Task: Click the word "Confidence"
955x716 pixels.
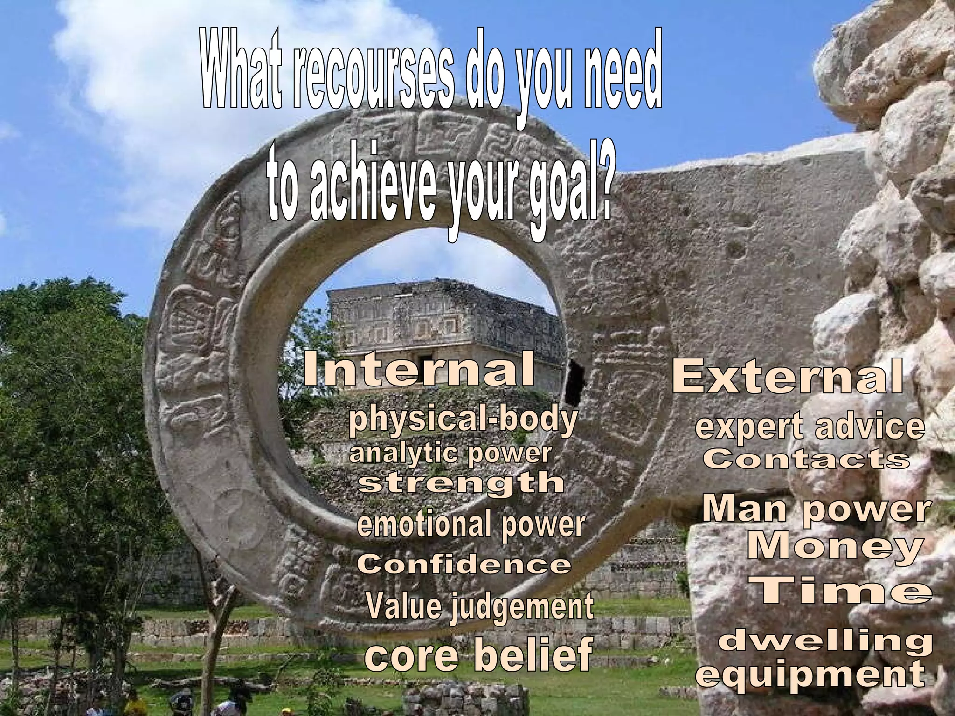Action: coord(464,565)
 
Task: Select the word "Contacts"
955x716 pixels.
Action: coord(806,460)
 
